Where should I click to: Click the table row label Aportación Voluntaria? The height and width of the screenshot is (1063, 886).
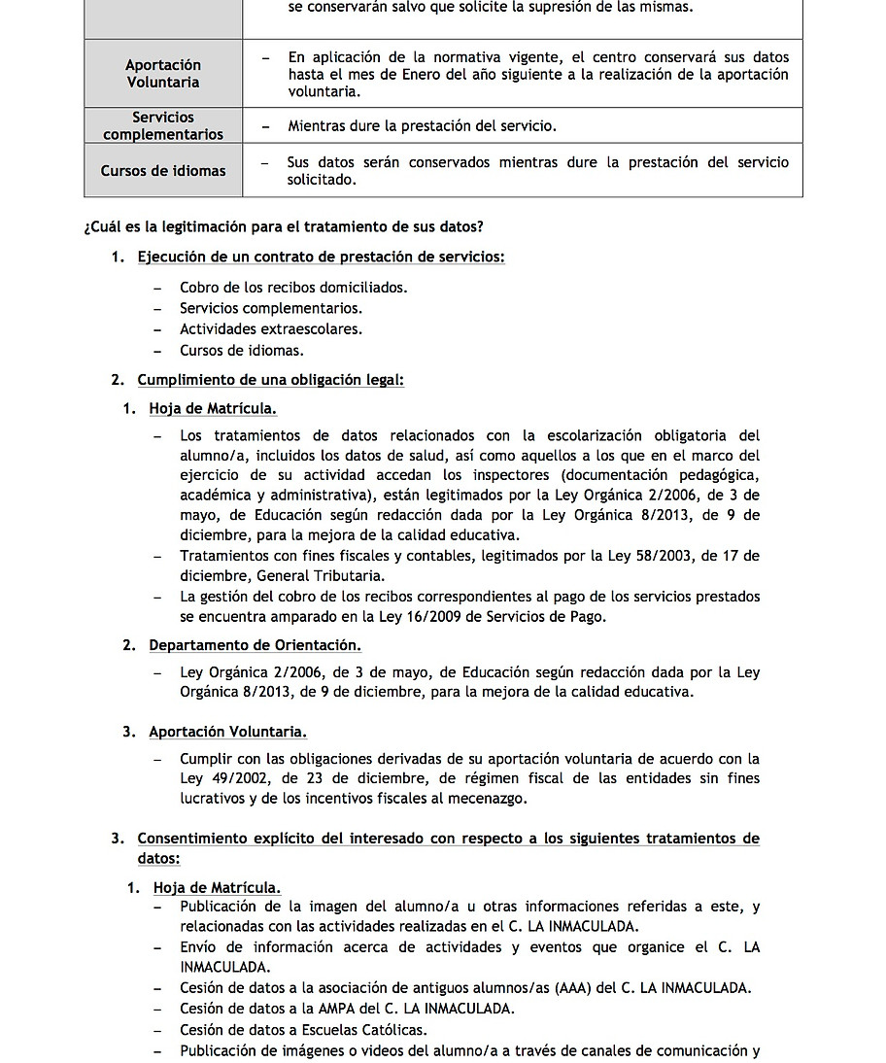[x=162, y=74]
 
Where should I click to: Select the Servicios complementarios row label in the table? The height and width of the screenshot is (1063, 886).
[x=162, y=126]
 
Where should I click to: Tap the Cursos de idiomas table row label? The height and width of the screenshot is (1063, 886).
[x=162, y=171]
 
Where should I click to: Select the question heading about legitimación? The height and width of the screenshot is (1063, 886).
[x=284, y=226]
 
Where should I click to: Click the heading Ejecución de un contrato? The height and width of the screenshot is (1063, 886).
[x=321, y=257]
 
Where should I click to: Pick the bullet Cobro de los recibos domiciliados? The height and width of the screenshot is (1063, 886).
[x=293, y=288]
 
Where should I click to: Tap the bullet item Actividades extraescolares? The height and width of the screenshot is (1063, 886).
[x=271, y=329]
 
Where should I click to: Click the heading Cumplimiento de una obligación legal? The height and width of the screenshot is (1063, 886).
[x=270, y=380]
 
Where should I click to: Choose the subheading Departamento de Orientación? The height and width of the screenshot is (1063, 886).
[x=255, y=645]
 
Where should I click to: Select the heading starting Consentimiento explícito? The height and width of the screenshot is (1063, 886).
[x=448, y=839]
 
